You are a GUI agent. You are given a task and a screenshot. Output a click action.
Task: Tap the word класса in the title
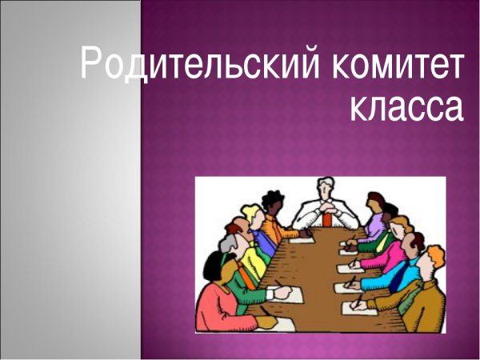[406, 106]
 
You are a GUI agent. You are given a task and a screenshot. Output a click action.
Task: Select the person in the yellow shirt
[250, 260]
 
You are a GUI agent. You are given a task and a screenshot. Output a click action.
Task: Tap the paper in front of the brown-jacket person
[360, 306]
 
